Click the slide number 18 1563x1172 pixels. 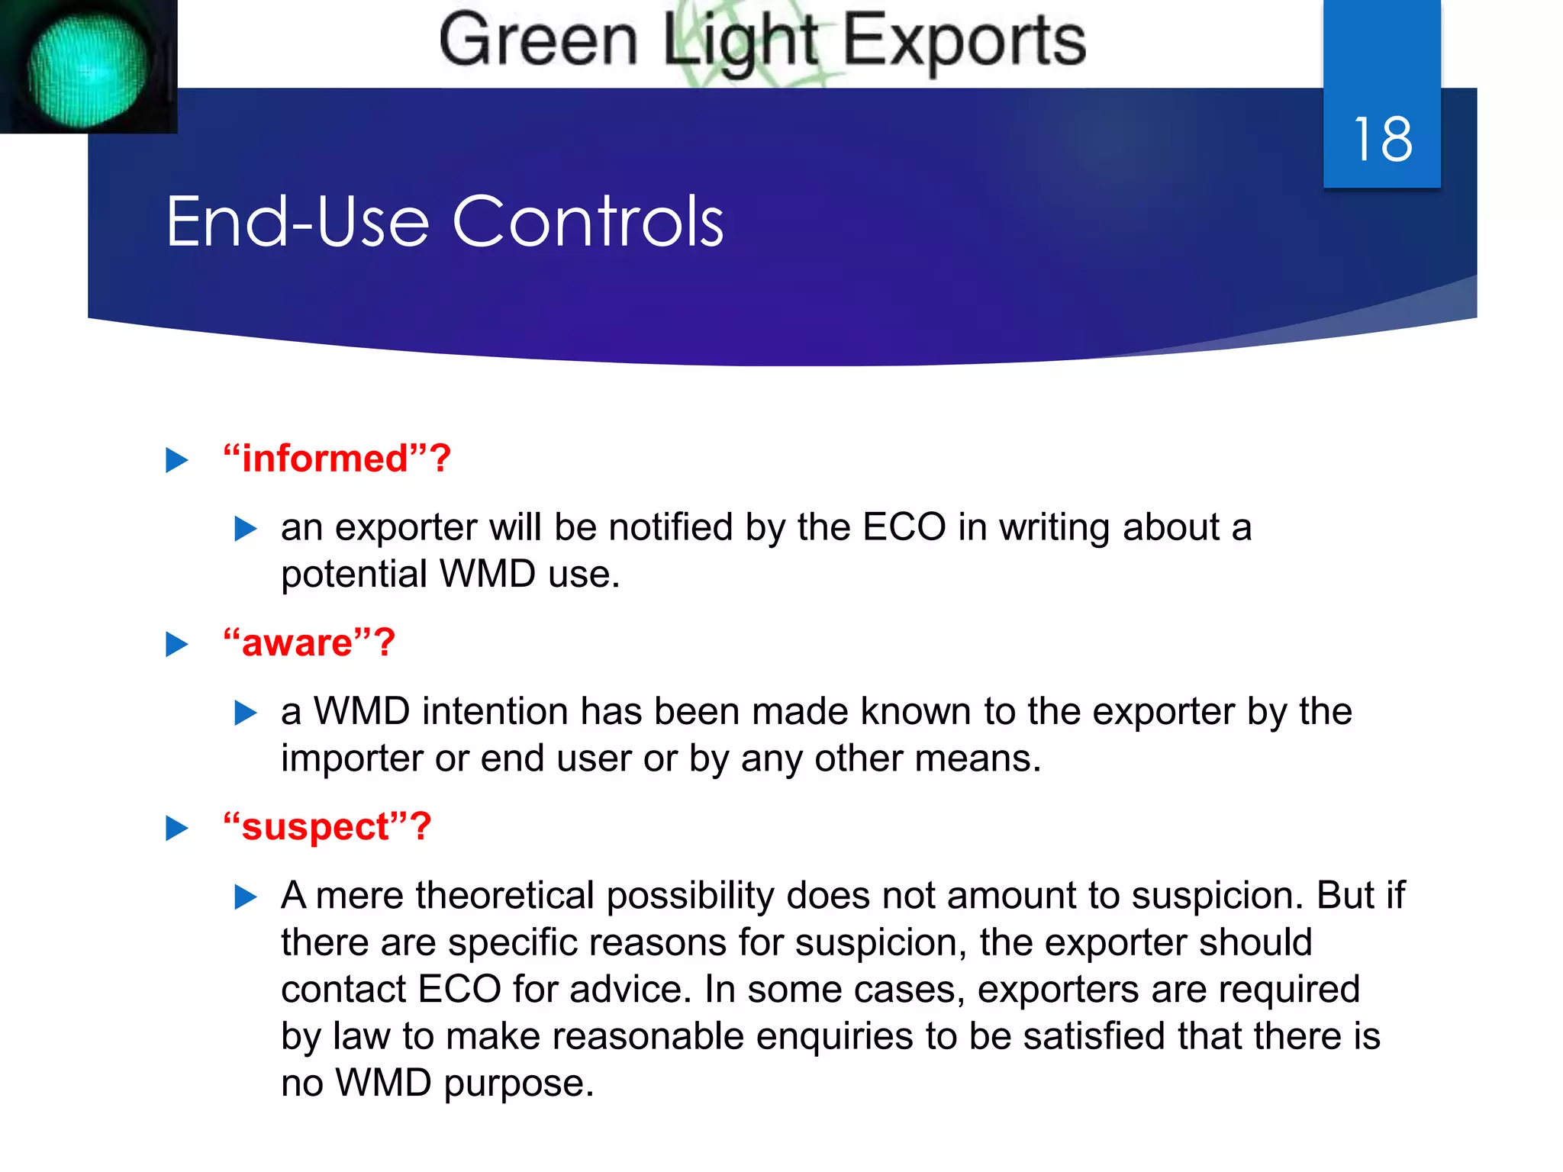click(x=1382, y=140)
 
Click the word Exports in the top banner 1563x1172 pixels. click(x=964, y=41)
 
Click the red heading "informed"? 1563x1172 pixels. click(x=337, y=459)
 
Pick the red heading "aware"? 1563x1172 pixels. click(x=309, y=642)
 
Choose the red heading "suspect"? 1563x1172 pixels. click(x=327, y=827)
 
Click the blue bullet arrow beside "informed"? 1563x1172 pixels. click(x=177, y=460)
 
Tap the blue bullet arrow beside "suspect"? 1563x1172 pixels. click(x=177, y=829)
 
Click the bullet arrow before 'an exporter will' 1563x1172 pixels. click(x=245, y=529)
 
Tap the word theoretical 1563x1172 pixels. click(x=504, y=896)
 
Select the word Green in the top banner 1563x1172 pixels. click(x=538, y=41)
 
